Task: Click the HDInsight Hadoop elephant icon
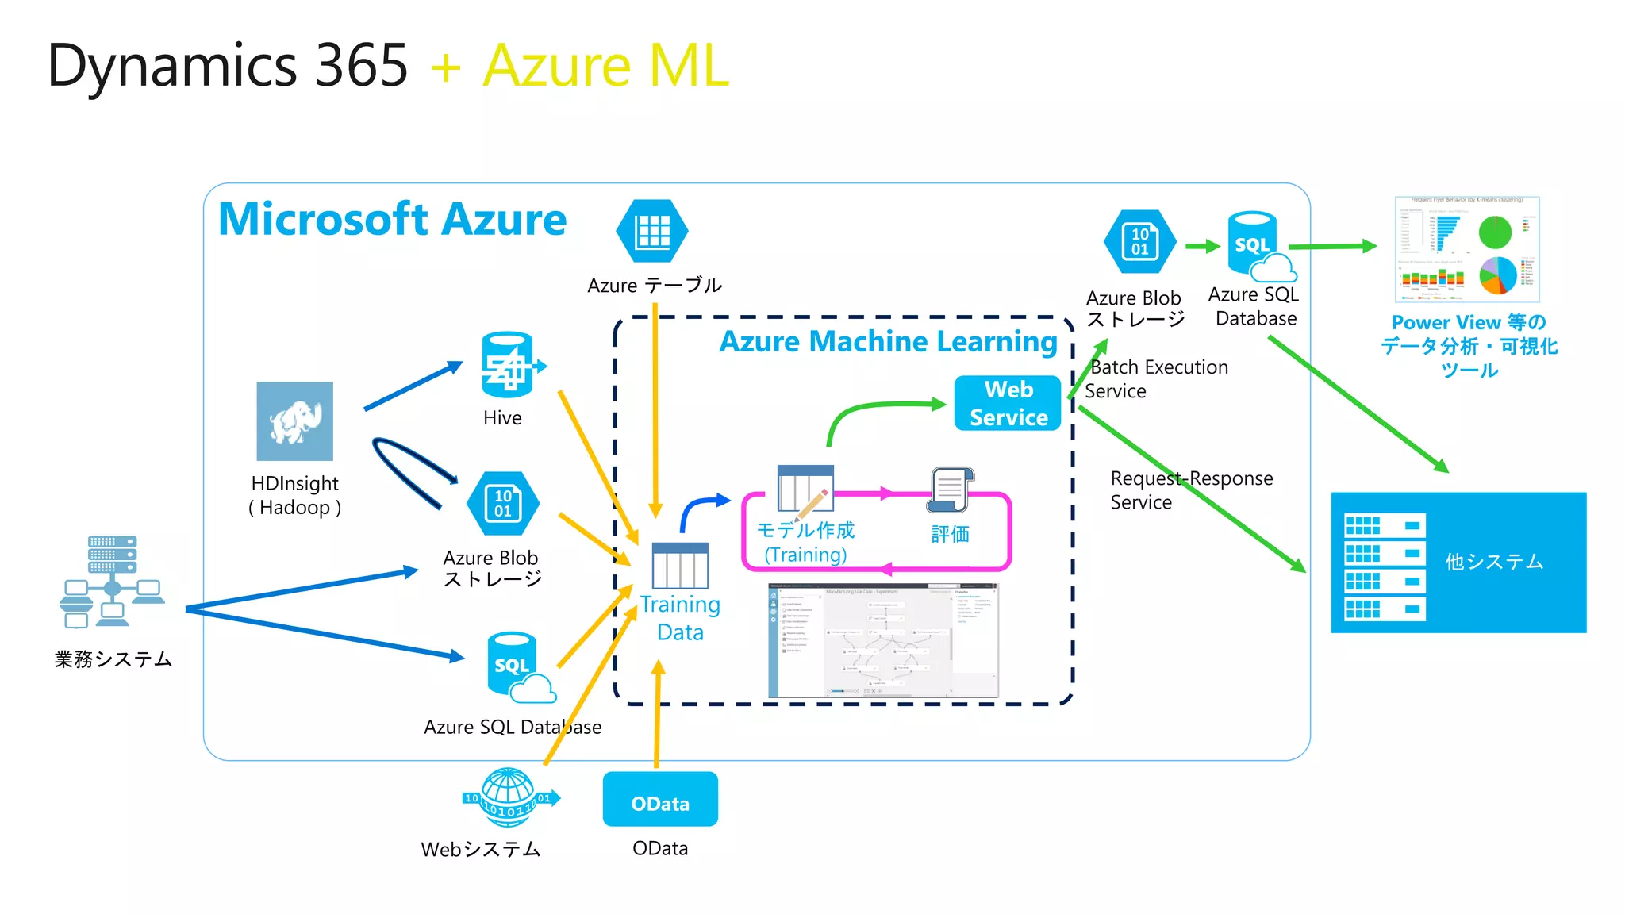(294, 421)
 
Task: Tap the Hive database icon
(508, 365)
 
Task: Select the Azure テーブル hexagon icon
(652, 231)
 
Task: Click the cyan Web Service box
(1008, 403)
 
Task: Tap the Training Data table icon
(680, 566)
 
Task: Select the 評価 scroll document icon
(950, 490)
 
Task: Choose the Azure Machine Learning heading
(888, 341)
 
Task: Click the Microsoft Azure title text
(392, 220)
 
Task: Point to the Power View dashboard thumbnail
(1467, 249)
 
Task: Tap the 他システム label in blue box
(1494, 562)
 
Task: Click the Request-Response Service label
(1190, 490)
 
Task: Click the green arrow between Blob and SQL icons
(1202, 246)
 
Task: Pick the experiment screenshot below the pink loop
(883, 641)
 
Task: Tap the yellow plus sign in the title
(446, 67)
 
